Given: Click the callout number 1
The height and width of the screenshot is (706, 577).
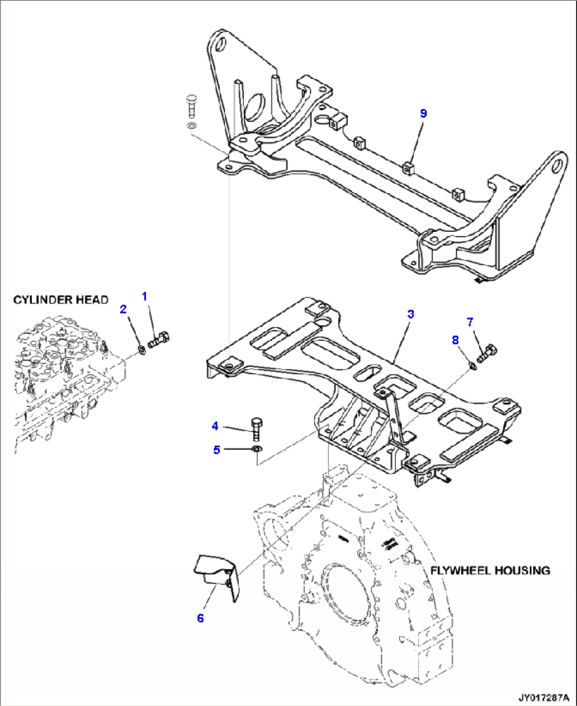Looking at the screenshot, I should coord(145,296).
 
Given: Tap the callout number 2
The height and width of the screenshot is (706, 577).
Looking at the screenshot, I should coord(123,309).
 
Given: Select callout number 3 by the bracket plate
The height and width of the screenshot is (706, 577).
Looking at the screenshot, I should coord(410,314).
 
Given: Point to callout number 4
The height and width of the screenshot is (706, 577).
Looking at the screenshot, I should coord(215,426).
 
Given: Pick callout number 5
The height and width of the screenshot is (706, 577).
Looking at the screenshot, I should coord(217,450).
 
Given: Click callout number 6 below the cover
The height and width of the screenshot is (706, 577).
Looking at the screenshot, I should coord(200,618).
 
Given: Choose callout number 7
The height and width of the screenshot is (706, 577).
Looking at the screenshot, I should coord(470,321).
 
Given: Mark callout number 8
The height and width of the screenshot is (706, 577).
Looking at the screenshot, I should coord(455,340).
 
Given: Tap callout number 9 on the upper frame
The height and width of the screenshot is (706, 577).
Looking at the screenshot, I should coord(423,113).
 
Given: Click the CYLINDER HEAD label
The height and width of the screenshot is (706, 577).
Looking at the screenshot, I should coord(61,300).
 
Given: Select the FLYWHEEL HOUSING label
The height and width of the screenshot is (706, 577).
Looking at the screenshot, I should coord(490,571).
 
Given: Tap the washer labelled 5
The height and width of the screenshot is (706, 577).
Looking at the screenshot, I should coord(257,450).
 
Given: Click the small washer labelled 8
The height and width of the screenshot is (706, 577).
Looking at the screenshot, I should coord(473,365).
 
